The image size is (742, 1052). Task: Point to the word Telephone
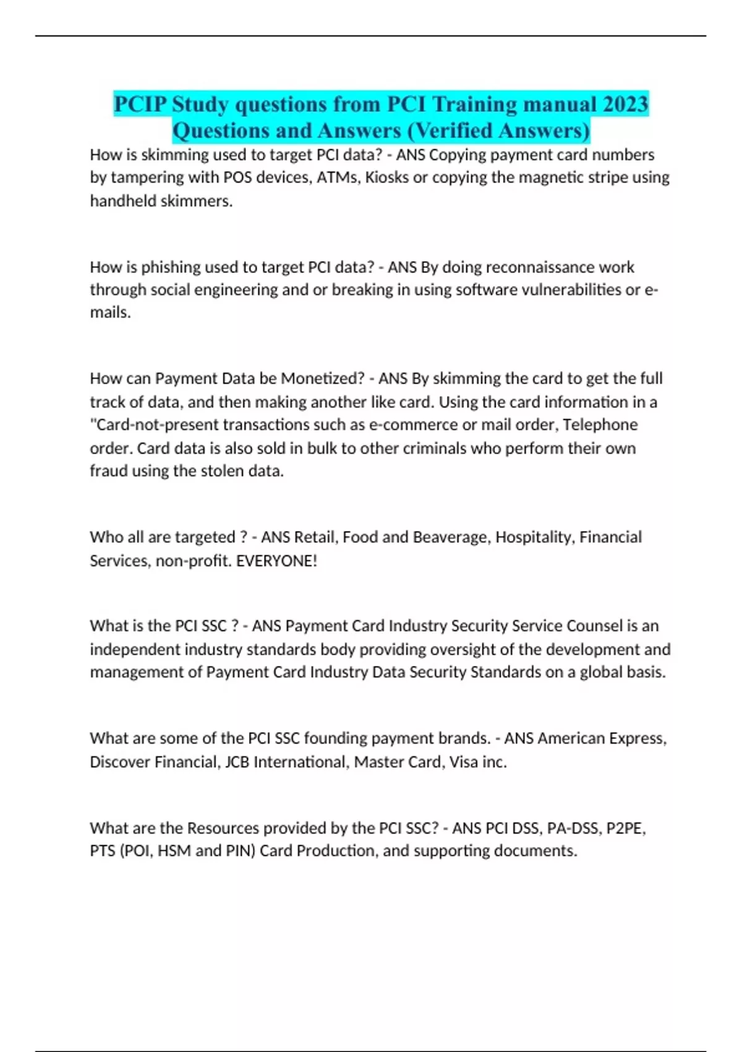pyautogui.click(x=600, y=425)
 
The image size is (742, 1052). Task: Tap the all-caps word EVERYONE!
pyautogui.click(x=276, y=561)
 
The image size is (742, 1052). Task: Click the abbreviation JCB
pyautogui.click(x=237, y=762)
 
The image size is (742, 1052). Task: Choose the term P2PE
pyautogui.click(x=626, y=828)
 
